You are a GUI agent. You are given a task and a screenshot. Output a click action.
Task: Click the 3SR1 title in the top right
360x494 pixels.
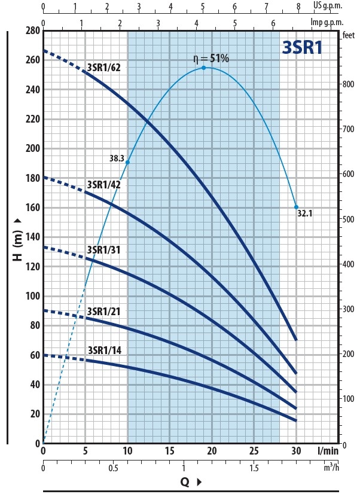302,48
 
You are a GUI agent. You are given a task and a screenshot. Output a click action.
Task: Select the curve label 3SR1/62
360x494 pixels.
104,68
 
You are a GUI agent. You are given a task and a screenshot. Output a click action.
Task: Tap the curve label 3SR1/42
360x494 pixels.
104,185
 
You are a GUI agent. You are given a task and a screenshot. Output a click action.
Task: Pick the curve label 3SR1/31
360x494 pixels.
104,250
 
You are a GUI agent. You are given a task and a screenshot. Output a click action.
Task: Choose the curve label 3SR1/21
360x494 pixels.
104,312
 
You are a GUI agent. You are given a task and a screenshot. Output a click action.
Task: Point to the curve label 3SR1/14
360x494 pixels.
104,350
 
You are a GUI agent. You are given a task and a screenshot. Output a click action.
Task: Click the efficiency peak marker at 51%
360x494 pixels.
203,68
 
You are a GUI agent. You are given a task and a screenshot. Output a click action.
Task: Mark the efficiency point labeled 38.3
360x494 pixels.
127,162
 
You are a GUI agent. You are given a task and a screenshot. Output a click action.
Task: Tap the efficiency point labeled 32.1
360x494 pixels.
296,207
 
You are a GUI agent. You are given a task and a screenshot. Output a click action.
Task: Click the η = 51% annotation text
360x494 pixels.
210,58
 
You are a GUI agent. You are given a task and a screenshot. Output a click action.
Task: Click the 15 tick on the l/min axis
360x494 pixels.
170,450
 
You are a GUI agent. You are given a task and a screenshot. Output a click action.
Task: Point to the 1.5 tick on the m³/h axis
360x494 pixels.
254,468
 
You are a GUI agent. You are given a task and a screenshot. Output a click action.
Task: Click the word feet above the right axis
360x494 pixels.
346,34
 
